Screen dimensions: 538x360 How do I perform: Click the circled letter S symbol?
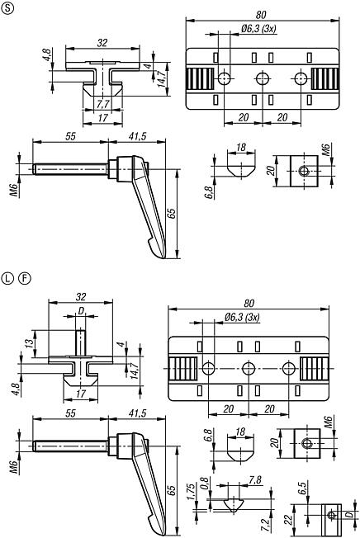8,9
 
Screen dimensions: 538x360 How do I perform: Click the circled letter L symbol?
8,276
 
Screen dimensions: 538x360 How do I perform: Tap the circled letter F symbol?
23,276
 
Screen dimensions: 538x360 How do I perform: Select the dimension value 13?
30,342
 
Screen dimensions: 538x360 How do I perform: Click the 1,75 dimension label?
192,493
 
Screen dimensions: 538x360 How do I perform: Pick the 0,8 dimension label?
204,485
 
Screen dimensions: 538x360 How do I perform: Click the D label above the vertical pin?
80,312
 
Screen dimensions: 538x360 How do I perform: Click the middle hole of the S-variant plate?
263,78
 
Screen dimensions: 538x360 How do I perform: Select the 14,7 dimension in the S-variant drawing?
162,78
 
